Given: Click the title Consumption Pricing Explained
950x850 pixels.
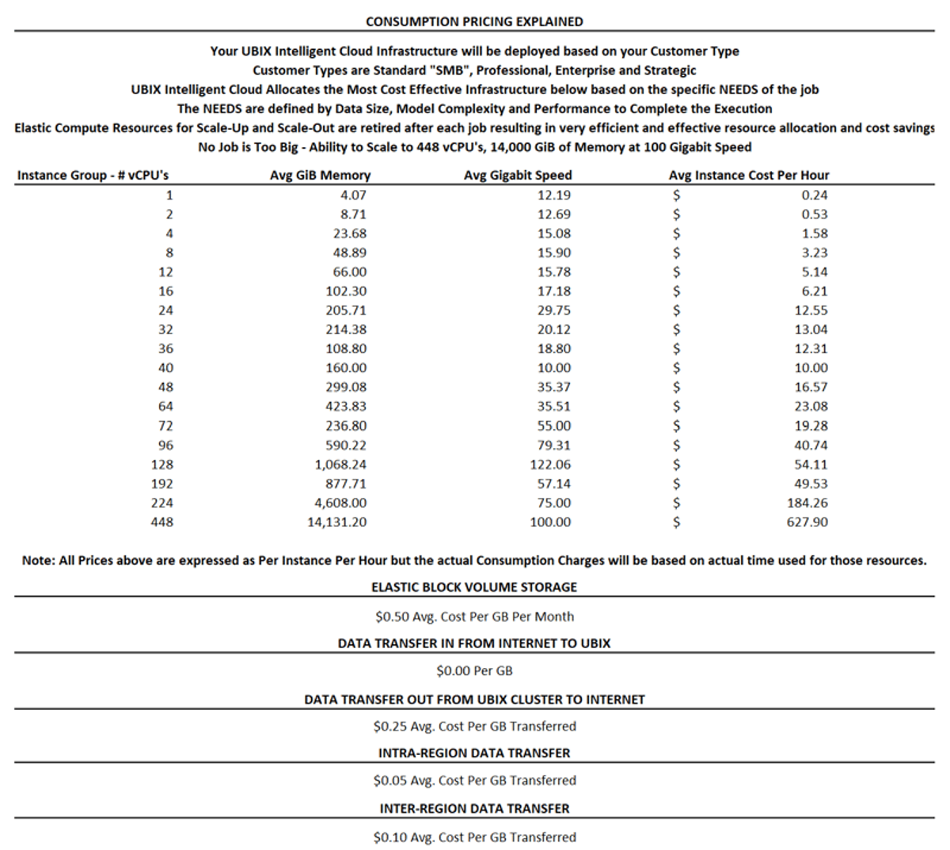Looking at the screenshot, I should point(474,21).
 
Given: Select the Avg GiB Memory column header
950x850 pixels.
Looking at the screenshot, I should point(320,175).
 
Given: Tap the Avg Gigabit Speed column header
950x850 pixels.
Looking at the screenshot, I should point(517,175).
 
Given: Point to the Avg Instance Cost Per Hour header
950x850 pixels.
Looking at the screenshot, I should point(748,175).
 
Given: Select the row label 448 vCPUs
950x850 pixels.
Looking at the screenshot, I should point(161,522).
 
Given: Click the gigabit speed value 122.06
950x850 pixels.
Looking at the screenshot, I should point(550,465).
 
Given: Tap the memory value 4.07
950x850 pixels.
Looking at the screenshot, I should point(353,195).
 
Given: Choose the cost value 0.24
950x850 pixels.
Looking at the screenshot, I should point(815,195).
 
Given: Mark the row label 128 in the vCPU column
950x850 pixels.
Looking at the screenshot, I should point(161,465).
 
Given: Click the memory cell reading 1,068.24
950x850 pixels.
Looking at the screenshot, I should point(340,465).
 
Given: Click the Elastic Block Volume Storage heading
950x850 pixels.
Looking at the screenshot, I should point(474,587).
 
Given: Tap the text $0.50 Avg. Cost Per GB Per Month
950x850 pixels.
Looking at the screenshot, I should point(474,617).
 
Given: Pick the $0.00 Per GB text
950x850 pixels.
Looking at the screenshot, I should point(474,671).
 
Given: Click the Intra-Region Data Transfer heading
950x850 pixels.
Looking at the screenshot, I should point(474,753).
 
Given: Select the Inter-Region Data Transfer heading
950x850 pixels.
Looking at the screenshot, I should point(474,809).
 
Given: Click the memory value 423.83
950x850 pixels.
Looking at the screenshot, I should point(346,407).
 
